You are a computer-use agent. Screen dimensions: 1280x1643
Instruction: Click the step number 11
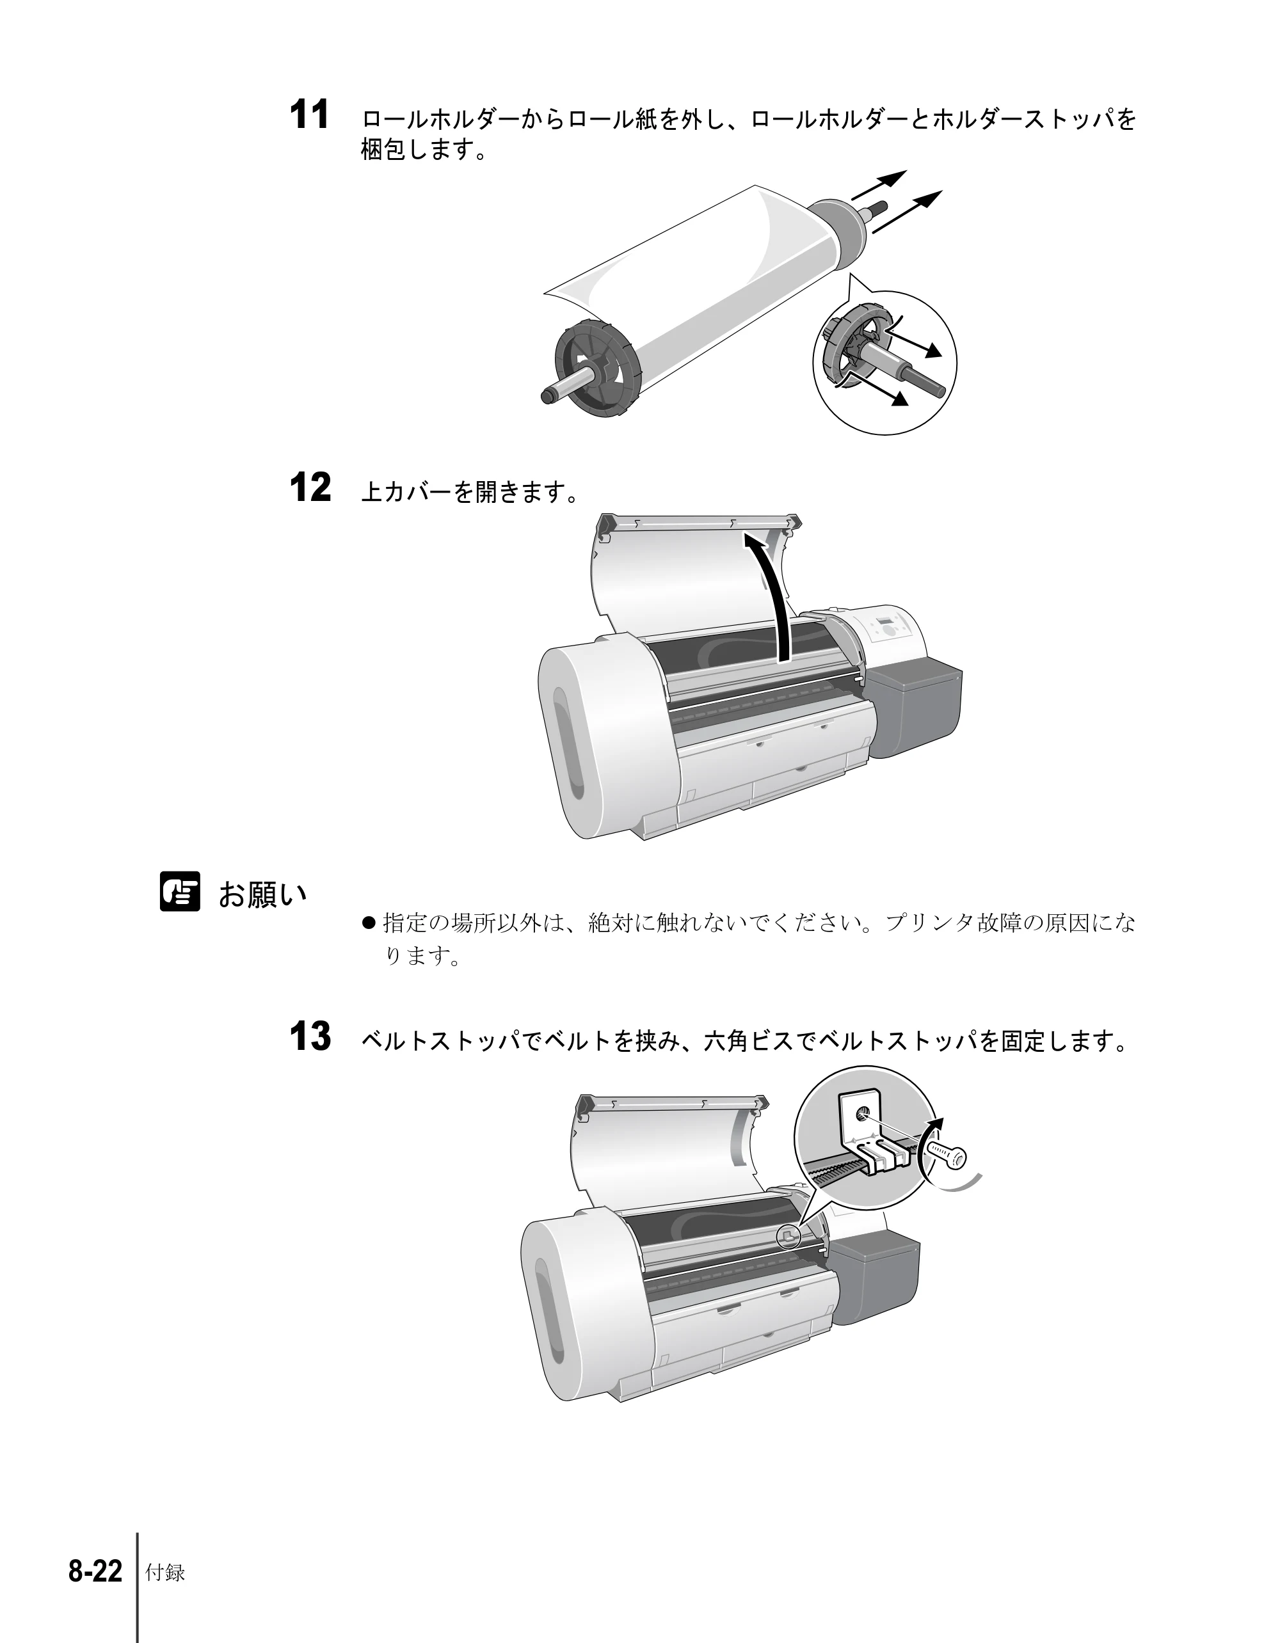309,115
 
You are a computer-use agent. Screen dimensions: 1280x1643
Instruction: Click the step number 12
310,488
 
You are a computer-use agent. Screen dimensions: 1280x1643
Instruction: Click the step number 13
310,1036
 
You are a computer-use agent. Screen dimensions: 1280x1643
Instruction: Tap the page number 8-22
95,1571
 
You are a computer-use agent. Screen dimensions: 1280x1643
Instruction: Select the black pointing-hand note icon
180,891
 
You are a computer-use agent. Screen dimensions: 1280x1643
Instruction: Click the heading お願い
262,894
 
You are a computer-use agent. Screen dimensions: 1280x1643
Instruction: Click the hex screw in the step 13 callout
946,1155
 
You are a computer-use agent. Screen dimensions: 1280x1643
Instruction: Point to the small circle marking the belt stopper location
788,1237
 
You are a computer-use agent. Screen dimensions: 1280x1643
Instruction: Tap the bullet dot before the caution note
368,923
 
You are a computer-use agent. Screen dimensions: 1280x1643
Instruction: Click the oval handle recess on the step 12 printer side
569,743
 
